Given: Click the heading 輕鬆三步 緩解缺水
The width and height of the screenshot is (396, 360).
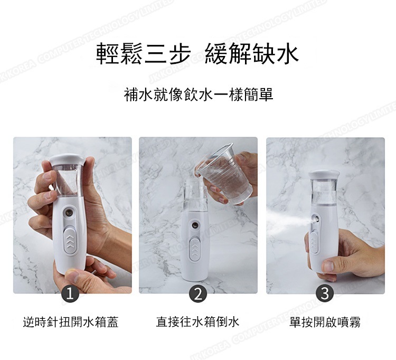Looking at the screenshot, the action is pos(197,53).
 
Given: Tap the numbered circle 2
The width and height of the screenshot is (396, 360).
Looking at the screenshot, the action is pos(198,293).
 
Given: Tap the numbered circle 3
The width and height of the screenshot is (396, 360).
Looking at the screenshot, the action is pos(325,293).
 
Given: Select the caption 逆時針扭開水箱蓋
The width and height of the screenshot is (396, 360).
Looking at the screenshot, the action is pos(70,322).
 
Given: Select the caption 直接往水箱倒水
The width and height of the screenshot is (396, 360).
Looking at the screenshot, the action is pos(197,322).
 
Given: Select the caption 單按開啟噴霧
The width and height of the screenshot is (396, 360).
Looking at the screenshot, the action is pos(325,322).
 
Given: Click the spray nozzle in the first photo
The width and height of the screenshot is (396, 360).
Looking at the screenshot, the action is pos(69,213).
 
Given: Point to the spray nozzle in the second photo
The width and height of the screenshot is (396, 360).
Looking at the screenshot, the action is pos(195,225).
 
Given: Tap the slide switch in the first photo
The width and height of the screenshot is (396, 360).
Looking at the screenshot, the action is pos(70,241).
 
